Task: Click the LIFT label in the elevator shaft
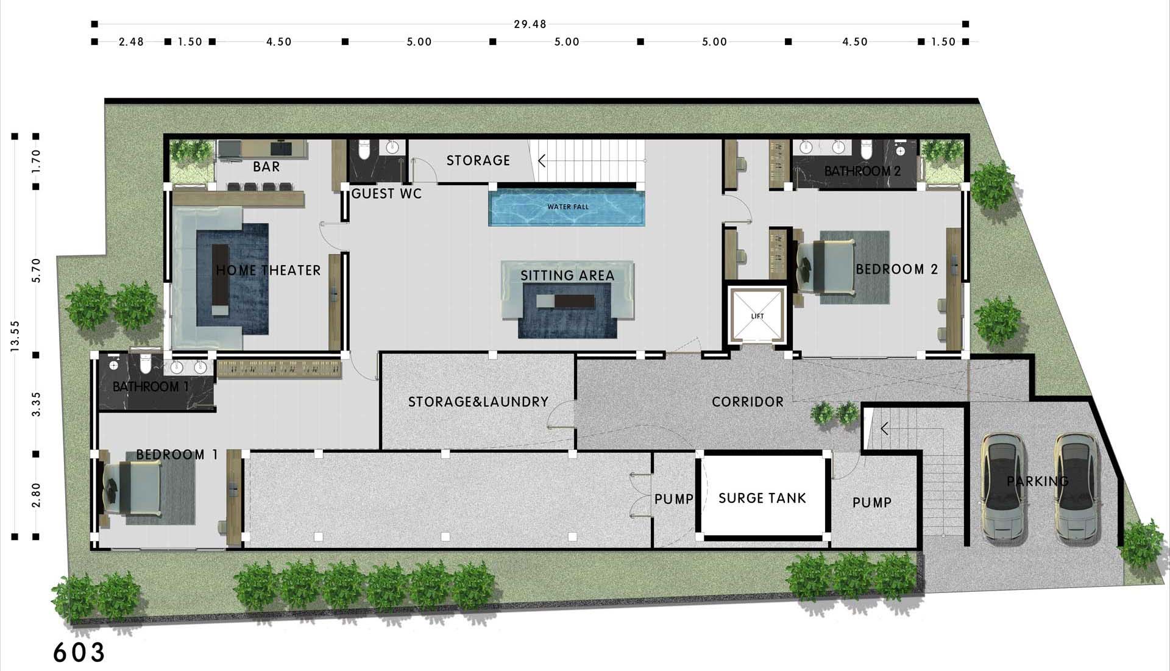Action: [757, 316]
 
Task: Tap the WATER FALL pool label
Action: [568, 207]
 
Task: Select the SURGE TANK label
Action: [762, 499]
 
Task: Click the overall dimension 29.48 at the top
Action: [530, 24]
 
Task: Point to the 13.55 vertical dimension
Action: [15, 336]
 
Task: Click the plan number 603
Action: [79, 652]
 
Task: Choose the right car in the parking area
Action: [1077, 488]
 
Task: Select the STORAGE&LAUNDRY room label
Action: [478, 402]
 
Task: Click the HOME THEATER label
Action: [268, 270]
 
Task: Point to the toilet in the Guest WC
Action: [364, 149]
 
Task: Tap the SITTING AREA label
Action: [567, 275]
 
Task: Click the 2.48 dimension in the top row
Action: [131, 41]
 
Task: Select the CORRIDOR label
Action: [748, 402]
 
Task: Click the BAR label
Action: [266, 166]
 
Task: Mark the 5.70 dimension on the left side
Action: [36, 270]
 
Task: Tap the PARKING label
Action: [1038, 481]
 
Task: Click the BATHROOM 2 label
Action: [862, 171]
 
